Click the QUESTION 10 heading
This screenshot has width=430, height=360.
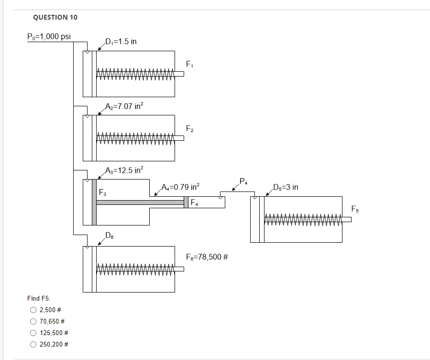tap(55, 17)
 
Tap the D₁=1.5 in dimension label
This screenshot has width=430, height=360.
tap(121, 41)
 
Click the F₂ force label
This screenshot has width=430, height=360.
tap(189, 128)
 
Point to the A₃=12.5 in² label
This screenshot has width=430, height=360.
tap(124, 170)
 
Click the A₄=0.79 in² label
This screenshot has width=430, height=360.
tap(181, 186)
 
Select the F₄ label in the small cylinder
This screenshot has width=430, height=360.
tap(195, 203)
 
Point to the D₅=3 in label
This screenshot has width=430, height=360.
tap(286, 187)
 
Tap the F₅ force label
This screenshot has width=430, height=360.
tap(354, 209)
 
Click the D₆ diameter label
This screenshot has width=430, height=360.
tap(110, 235)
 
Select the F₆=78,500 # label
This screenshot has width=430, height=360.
tap(206, 257)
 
